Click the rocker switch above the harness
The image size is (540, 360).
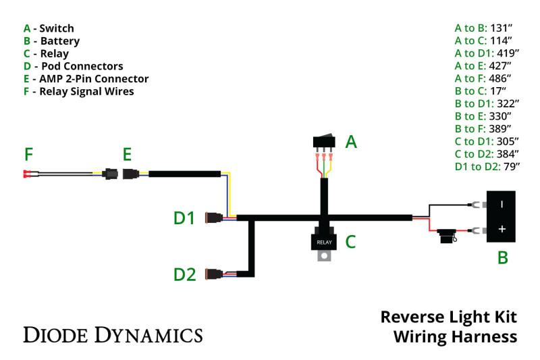[324, 142]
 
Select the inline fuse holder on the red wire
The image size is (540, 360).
[446, 236]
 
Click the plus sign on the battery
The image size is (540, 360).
[502, 230]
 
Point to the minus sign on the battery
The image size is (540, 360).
[502, 203]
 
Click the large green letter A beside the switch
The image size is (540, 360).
[351, 142]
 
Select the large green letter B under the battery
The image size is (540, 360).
[502, 257]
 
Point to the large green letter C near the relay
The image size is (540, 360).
[350, 241]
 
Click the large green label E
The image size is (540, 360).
[127, 155]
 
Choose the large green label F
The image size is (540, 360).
[28, 155]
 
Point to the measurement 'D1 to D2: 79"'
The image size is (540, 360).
[487, 166]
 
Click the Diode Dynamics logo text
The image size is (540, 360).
[113, 334]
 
